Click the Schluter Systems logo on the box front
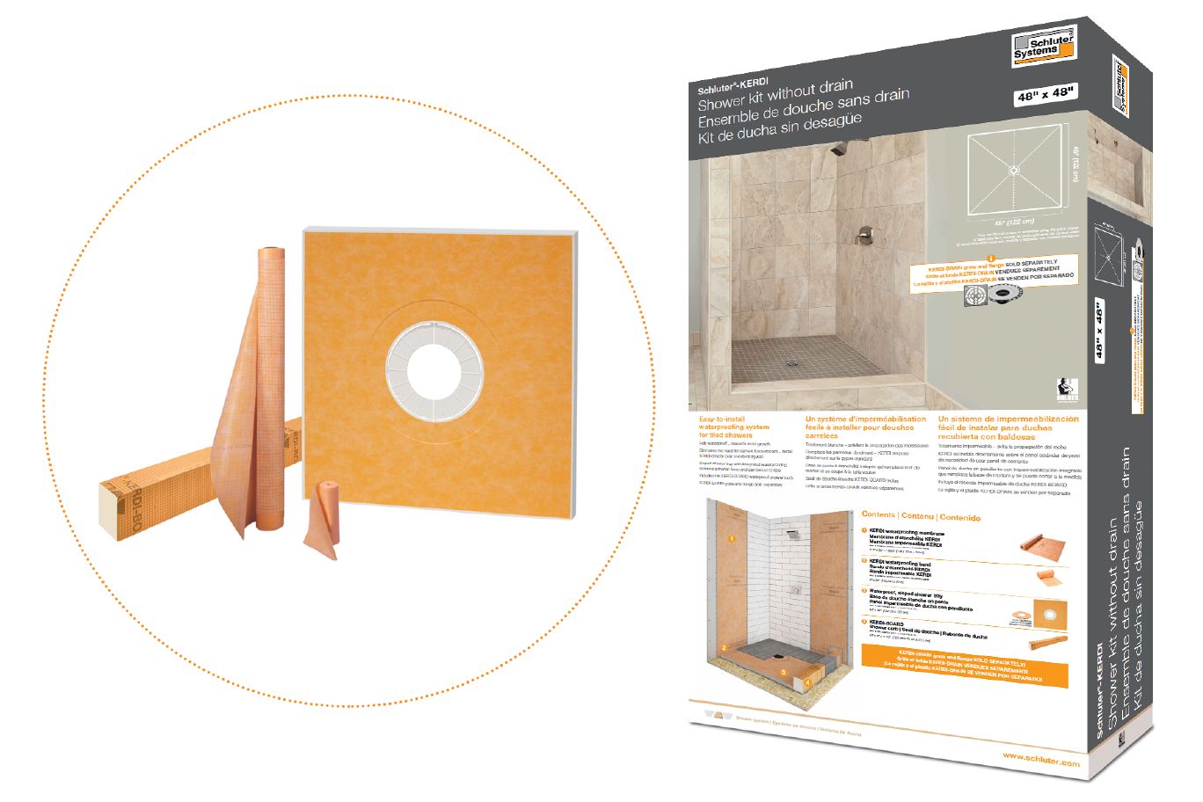pyautogui.click(x=1043, y=47)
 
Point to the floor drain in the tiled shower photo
pyautogui.click(x=791, y=362)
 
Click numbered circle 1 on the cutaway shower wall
pyautogui.click(x=733, y=534)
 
